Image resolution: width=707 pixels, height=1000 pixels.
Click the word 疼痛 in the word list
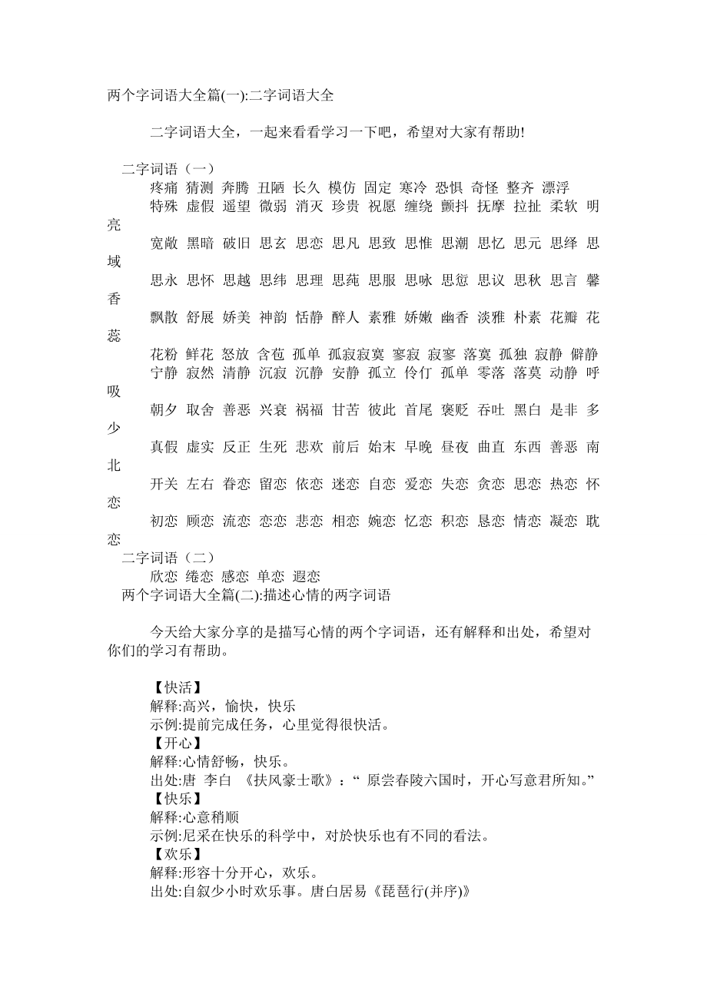tap(164, 188)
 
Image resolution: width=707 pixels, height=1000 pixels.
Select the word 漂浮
tap(556, 188)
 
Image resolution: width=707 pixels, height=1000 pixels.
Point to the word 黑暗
tap(201, 243)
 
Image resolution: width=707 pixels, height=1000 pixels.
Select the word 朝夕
tap(164, 410)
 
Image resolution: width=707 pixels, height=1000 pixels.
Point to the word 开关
tap(164, 484)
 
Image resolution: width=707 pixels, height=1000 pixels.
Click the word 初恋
tap(164, 522)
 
